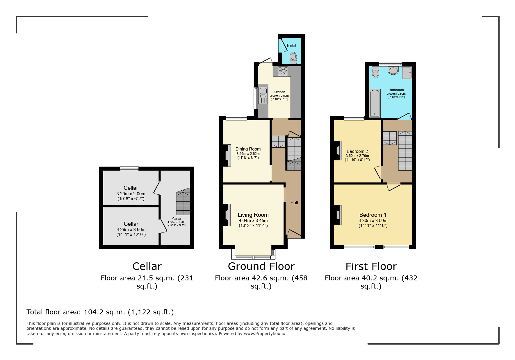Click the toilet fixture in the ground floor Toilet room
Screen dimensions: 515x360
[293, 58]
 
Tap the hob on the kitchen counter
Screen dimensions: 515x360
[283, 71]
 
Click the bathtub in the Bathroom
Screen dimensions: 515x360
[375, 103]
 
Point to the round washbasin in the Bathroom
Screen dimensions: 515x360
[393, 70]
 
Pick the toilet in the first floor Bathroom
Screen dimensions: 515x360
[376, 72]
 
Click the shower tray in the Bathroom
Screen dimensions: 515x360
[407, 73]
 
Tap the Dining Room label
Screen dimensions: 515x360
[248, 149]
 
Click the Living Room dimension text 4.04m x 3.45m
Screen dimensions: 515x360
[253, 221]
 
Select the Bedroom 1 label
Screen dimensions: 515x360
[373, 215]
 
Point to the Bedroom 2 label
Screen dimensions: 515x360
[357, 151]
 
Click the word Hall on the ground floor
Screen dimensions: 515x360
[294, 203]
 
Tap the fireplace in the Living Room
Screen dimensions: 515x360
[227, 215]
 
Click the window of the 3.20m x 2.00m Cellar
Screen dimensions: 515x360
[129, 169]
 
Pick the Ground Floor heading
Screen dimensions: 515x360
[261, 266]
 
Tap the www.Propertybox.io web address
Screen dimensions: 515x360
[264, 334]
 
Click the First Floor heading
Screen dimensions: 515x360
[371, 266]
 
